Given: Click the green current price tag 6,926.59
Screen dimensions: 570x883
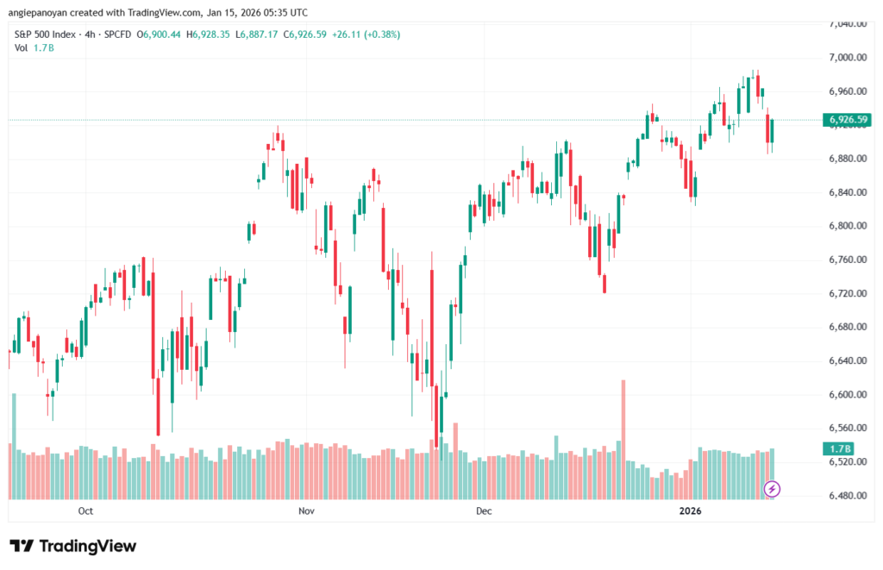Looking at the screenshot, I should click(847, 119).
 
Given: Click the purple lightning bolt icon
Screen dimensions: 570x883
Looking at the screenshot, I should click(773, 489).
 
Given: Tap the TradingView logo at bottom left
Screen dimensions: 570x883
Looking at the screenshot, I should click(73, 546).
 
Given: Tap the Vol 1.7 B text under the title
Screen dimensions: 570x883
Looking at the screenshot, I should click(34, 47).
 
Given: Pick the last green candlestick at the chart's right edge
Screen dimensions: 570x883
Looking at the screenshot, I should click(773, 131).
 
